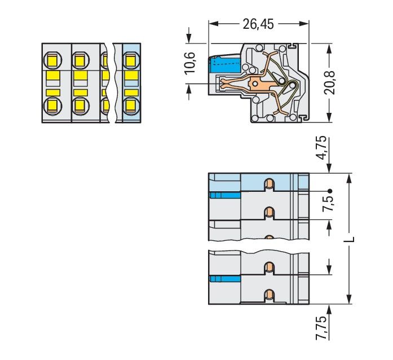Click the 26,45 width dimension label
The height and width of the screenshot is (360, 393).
click(259, 24)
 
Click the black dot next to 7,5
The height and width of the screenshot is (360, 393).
click(330, 190)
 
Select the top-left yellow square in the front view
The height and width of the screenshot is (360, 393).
click(52, 59)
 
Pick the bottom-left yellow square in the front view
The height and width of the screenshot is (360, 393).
click(52, 104)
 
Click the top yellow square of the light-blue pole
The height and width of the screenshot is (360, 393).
click(131, 59)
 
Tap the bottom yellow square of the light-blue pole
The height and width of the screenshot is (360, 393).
click(131, 104)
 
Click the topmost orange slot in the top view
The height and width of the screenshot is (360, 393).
click(270, 183)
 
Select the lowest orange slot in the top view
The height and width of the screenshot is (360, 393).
click(270, 293)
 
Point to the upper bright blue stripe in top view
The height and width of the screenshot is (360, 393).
click(224, 195)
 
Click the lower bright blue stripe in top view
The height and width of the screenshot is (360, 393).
click(224, 279)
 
